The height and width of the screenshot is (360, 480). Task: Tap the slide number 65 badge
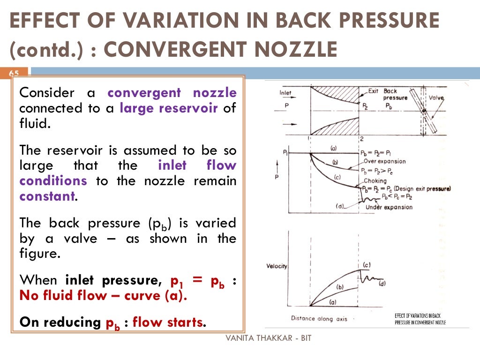[14, 74]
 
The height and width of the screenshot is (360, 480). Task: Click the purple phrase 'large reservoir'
[169, 108]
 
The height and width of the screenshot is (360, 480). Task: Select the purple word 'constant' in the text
[47, 196]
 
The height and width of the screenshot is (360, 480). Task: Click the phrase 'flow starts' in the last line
[169, 322]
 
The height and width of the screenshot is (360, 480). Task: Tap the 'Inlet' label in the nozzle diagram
[285, 93]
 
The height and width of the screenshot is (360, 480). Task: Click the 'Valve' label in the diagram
[436, 98]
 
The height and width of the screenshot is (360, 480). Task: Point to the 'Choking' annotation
[375, 180]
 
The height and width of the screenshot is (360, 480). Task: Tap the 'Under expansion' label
[389, 207]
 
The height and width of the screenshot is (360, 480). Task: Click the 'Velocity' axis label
[277, 266]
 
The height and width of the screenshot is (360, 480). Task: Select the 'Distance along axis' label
[319, 319]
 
